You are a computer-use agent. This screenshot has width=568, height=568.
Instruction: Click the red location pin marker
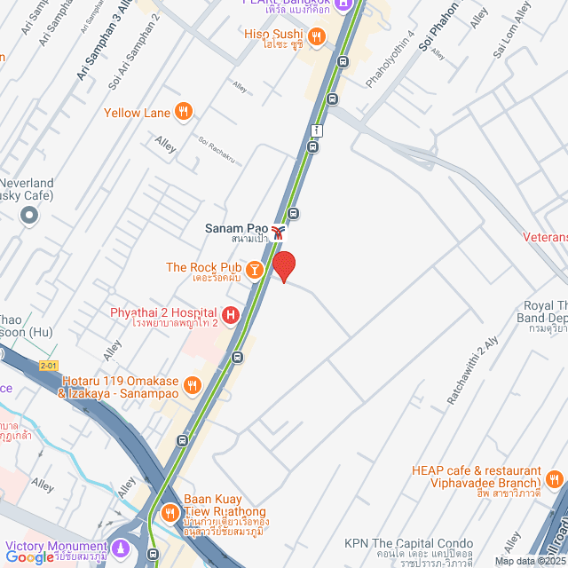click(x=283, y=265)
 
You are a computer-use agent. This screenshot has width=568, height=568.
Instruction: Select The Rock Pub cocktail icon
click(x=255, y=268)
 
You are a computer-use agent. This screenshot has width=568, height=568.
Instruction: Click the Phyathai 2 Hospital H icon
click(x=231, y=313)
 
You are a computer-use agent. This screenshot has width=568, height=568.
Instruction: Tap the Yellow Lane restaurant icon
click(x=184, y=112)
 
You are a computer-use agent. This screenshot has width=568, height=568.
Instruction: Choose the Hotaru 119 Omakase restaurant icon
click(x=192, y=385)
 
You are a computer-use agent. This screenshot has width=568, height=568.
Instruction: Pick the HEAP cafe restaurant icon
click(x=555, y=480)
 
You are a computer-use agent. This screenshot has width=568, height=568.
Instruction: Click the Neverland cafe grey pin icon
click(x=29, y=214)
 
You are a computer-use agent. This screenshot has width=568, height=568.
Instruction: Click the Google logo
click(x=29, y=557)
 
